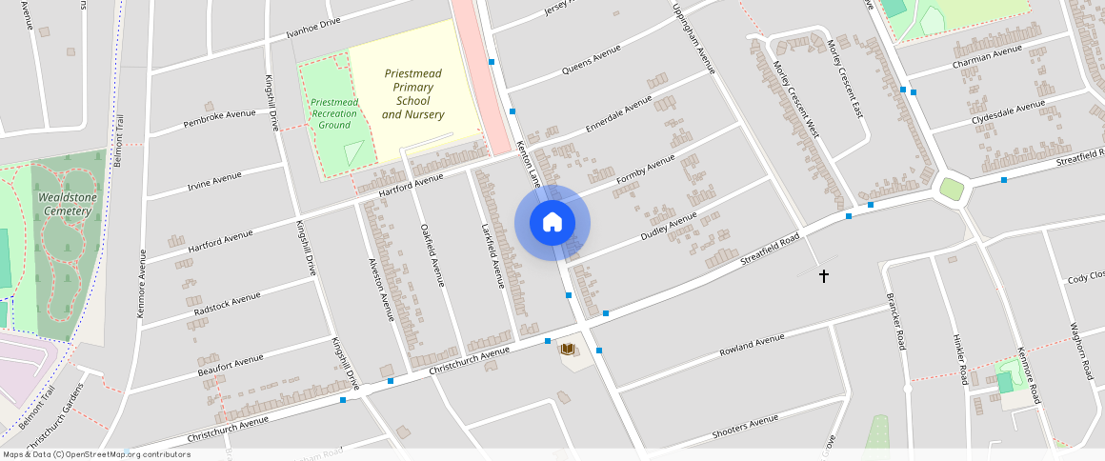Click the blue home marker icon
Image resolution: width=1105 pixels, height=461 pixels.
point(552,223)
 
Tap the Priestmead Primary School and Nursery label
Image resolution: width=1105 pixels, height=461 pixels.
point(413,94)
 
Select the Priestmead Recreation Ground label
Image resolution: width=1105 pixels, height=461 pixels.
point(334,113)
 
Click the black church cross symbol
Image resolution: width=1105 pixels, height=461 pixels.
point(824,276)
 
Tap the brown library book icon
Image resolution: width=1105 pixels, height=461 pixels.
point(569,351)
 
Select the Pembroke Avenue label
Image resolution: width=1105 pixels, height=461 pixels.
point(220,118)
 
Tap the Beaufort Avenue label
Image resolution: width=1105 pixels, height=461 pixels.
point(231,365)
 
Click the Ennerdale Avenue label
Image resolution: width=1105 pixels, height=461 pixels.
point(619,113)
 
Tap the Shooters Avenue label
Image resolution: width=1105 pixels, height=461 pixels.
point(746,429)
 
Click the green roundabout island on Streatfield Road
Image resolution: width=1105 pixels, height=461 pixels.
point(952,189)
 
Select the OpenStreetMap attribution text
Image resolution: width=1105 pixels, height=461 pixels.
point(96,454)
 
